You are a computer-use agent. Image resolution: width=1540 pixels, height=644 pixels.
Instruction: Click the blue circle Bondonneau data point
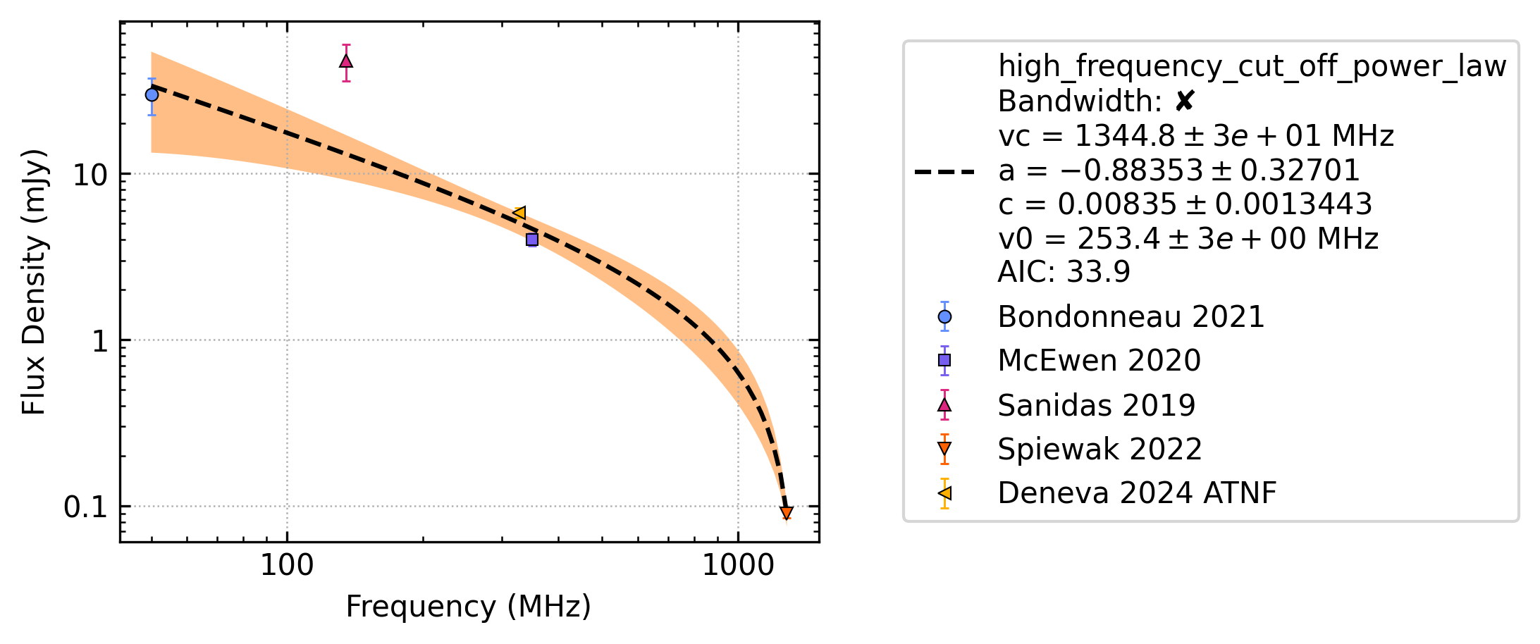(152, 95)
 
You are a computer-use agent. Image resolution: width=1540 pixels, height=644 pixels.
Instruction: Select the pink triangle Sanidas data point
(346, 61)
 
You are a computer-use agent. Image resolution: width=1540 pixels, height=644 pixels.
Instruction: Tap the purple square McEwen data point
(532, 240)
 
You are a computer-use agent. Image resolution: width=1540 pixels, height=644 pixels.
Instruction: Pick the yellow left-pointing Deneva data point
(519, 213)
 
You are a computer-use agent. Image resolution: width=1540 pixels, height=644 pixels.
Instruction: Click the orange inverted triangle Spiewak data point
(787, 513)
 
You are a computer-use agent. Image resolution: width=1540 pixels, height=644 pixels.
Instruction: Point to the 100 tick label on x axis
(287, 565)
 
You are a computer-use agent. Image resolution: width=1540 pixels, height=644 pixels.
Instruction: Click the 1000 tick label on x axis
(739, 565)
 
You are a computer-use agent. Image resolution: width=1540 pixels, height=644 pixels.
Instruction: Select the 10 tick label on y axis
(91, 175)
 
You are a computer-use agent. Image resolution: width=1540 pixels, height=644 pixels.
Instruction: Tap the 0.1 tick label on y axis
(86, 507)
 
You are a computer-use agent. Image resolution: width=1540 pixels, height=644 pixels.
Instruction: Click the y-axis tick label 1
(100, 341)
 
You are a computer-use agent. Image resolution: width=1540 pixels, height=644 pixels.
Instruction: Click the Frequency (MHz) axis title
(469, 607)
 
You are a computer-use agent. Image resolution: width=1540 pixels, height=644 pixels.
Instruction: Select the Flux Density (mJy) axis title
(34, 282)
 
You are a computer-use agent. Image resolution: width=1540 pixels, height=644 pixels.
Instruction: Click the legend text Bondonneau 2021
(1131, 317)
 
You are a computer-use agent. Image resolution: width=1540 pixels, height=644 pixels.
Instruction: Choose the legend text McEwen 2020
(1099, 361)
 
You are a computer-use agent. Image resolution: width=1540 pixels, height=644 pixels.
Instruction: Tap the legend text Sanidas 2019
(1097, 405)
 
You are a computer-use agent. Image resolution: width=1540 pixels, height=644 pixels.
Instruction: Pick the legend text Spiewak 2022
(1099, 449)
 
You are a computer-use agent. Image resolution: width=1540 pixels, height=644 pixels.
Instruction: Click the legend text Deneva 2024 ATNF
(1137, 493)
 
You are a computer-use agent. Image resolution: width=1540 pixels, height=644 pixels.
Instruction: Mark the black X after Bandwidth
(1185, 101)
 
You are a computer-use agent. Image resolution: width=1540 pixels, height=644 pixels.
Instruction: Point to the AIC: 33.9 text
(1064, 271)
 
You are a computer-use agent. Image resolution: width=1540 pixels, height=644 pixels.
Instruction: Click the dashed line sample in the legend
(944, 171)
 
